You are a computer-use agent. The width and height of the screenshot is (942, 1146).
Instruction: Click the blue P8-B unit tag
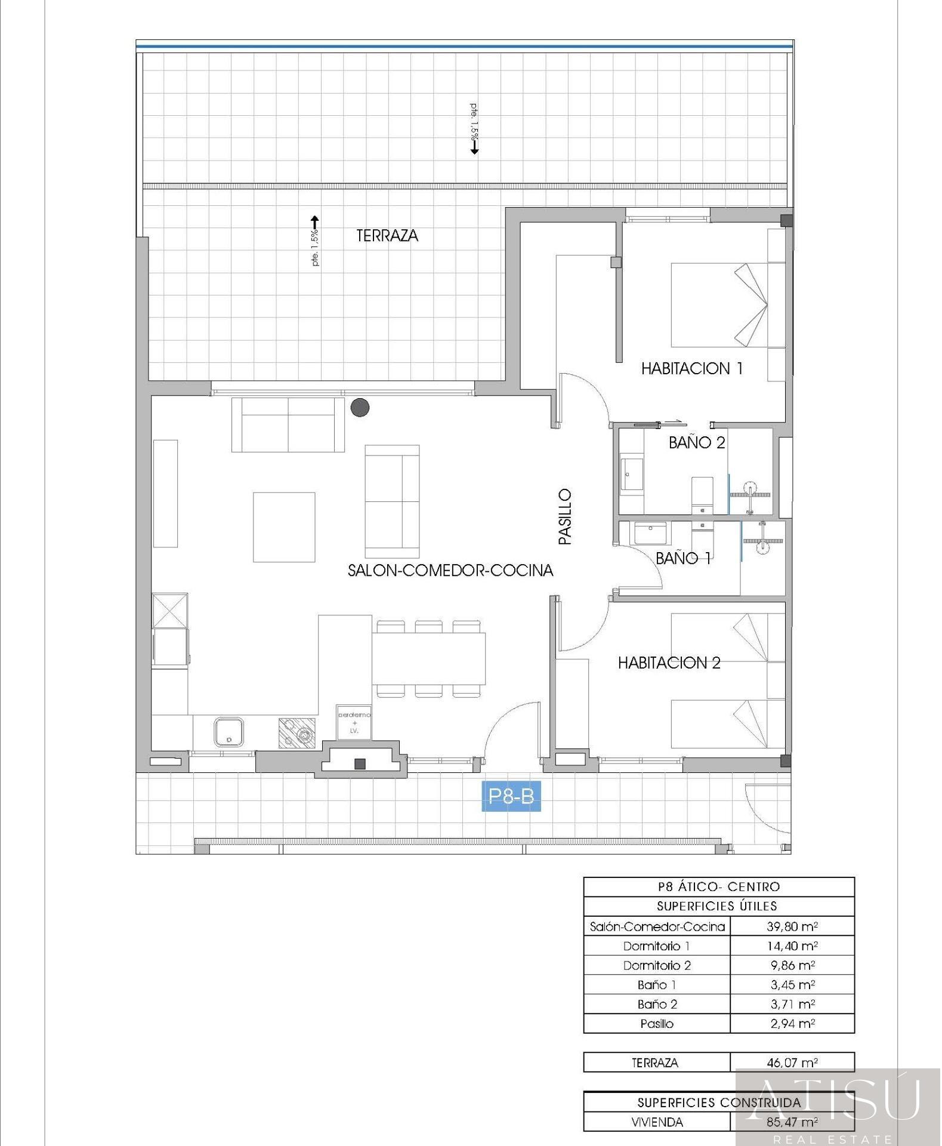[511, 796]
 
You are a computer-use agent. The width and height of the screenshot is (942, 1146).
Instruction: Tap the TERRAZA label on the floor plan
[387, 236]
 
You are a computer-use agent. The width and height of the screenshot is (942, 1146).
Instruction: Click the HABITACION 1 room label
[692, 369]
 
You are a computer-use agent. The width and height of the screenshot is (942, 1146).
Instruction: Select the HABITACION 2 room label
[669, 663]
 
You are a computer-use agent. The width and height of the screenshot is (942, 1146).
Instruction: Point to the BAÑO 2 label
[697, 442]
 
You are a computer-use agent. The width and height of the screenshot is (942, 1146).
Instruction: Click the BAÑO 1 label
[684, 558]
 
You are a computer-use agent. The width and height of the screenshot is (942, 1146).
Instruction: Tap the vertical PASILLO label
[565, 517]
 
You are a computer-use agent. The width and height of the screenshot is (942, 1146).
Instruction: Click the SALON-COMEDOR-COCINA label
[450, 571]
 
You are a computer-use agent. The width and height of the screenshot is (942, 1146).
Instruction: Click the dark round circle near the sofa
[360, 408]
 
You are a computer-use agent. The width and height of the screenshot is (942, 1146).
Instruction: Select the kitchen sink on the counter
[228, 732]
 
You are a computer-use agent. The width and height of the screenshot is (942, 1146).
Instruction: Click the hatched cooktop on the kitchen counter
[297, 733]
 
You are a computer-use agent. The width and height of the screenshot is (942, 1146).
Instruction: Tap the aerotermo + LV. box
[354, 722]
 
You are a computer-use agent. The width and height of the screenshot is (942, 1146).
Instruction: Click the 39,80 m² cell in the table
[792, 926]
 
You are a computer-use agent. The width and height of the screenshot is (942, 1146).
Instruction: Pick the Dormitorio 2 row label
[657, 965]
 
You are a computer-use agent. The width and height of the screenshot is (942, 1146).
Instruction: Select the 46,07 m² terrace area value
[792, 1062]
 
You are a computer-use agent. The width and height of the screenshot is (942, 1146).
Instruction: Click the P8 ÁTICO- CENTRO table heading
[719, 886]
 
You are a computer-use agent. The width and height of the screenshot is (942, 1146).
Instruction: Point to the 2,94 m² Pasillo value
[792, 1024]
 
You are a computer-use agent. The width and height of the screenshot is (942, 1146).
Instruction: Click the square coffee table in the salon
[284, 527]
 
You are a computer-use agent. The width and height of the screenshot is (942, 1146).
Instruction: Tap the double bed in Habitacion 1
[728, 305]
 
